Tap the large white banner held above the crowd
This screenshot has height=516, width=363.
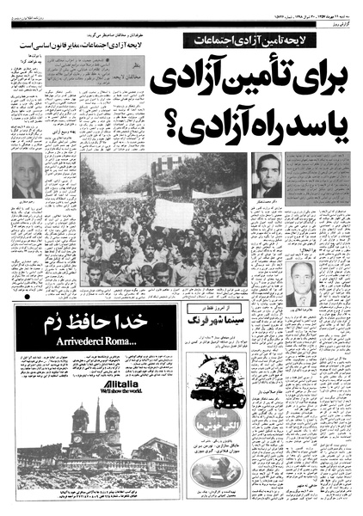[x=173, y=212]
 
